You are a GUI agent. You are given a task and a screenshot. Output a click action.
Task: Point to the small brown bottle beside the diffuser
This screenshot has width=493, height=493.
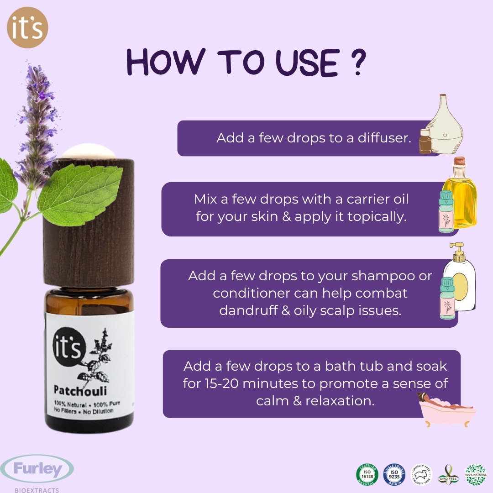point(425,142)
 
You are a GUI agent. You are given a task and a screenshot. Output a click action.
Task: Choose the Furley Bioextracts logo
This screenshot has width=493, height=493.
point(37,472)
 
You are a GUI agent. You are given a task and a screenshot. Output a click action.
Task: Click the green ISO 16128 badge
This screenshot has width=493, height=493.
point(367,474)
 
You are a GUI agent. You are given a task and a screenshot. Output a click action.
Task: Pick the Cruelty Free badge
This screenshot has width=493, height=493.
point(421,474)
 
